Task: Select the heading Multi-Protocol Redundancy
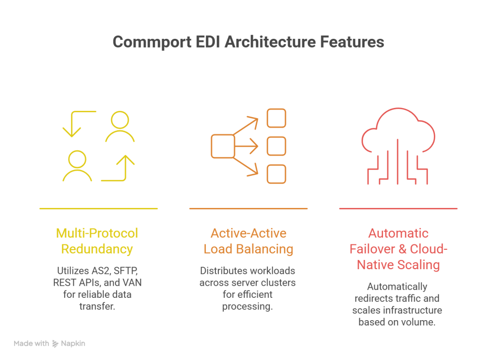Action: pyautogui.click(x=97, y=241)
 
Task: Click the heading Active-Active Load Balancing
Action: pyautogui.click(x=248, y=241)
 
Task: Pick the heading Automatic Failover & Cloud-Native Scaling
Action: pyautogui.click(x=398, y=249)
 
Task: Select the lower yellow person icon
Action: pyautogui.click(x=77, y=165)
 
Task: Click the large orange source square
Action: pyautogui.click(x=223, y=146)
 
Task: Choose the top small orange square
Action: pyautogui.click(x=277, y=118)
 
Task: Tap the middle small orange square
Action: pyautogui.click(x=277, y=146)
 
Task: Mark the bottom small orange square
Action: pyautogui.click(x=277, y=174)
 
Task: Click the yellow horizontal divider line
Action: pyautogui.click(x=99, y=208)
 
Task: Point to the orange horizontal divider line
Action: pyautogui.click(x=248, y=208)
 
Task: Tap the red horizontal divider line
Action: pyautogui.click(x=398, y=208)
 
